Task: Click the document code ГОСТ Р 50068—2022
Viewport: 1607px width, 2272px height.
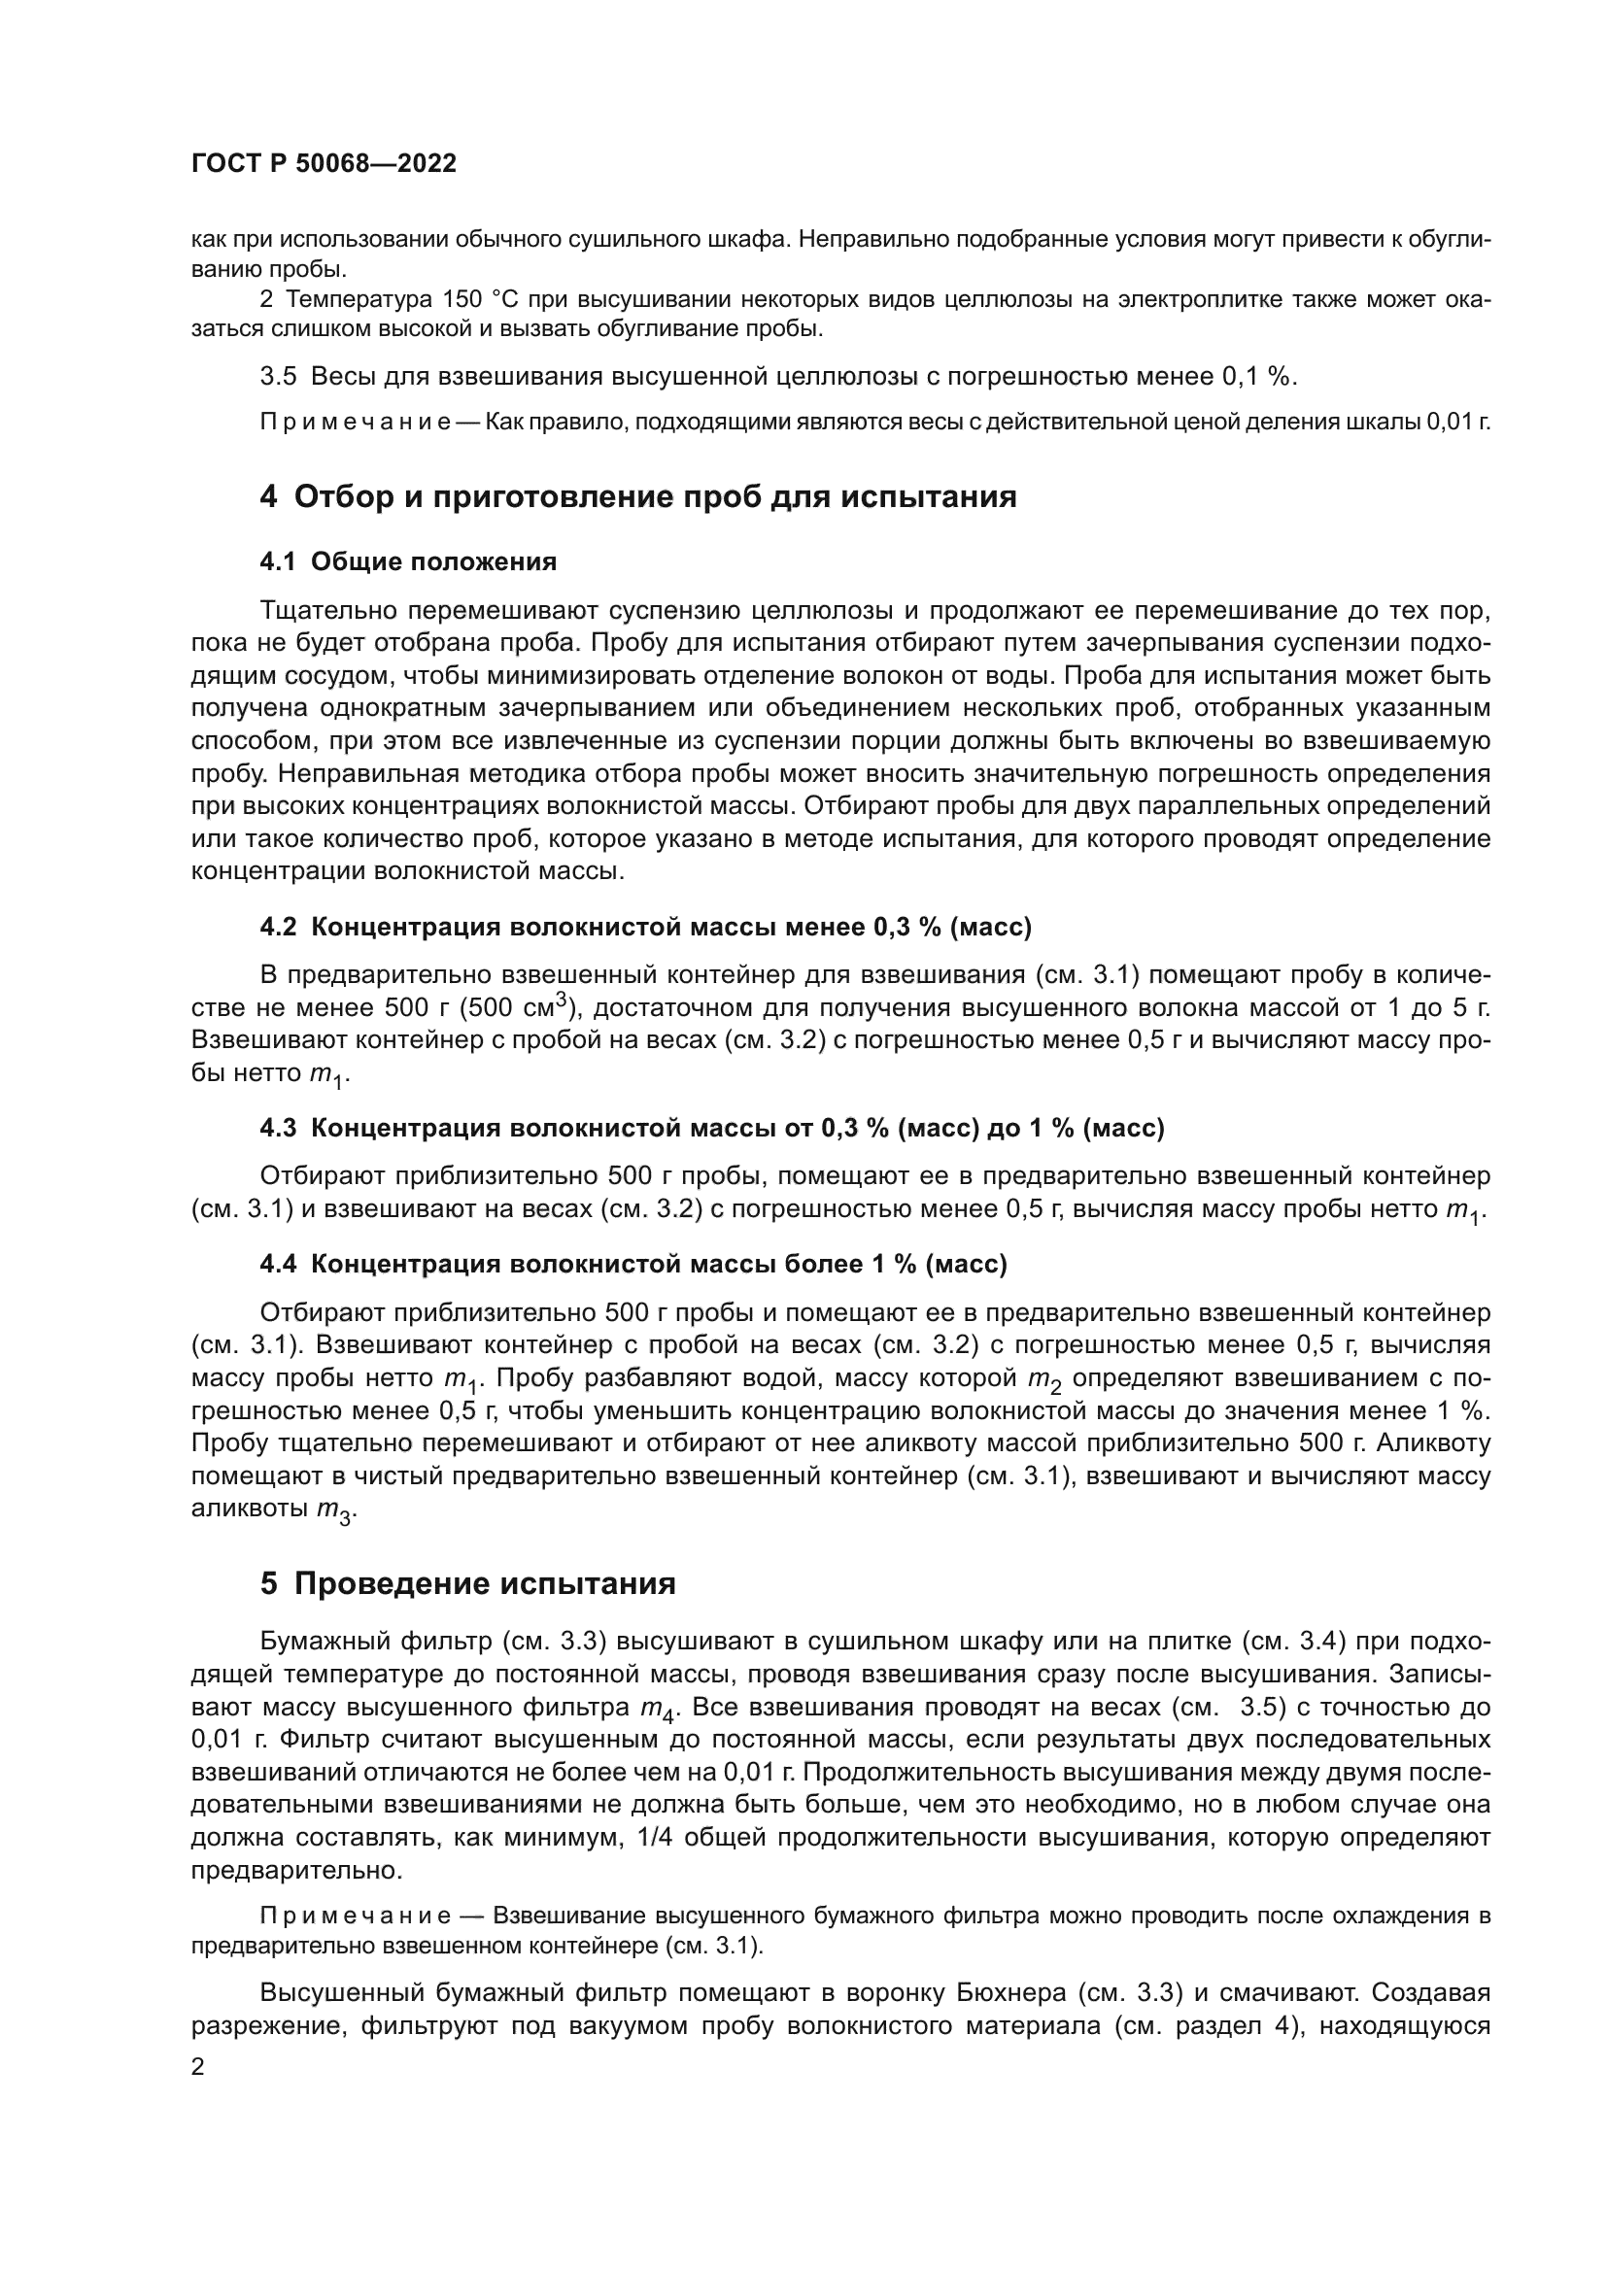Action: click(x=324, y=164)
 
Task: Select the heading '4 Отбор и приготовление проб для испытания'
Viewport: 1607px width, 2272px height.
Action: click(x=638, y=496)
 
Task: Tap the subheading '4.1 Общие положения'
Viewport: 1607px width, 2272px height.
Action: click(x=408, y=562)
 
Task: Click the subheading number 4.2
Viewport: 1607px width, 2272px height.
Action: click(x=278, y=928)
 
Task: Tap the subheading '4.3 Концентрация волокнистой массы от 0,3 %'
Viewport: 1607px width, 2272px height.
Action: click(x=711, y=1128)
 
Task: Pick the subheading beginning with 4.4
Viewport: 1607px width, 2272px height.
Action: click(x=633, y=1264)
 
